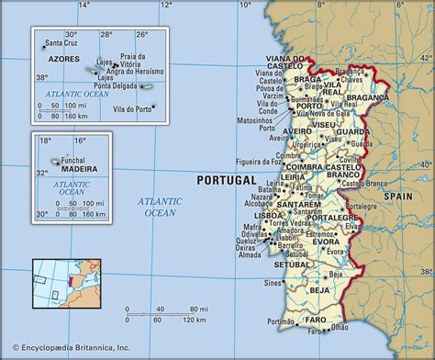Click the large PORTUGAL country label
228,181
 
